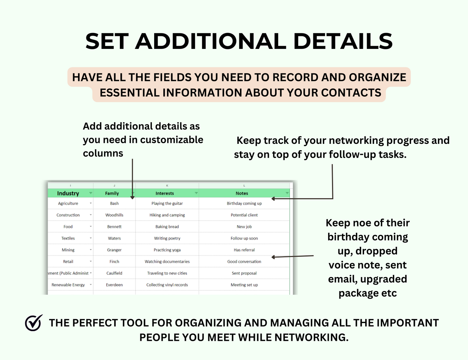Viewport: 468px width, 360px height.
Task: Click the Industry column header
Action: tap(68, 193)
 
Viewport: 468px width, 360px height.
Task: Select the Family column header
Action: tap(112, 193)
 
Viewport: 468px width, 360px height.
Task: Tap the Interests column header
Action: tap(165, 193)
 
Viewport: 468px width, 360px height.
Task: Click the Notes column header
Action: tap(242, 193)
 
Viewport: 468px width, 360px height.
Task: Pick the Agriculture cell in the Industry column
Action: tap(68, 203)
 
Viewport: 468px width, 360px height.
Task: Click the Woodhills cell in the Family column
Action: tap(114, 215)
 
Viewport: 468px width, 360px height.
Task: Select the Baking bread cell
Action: tap(167, 227)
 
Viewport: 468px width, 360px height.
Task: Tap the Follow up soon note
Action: tap(244, 238)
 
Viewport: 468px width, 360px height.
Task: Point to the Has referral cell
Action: tap(244, 250)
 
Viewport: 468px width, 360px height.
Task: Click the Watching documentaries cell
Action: tap(167, 262)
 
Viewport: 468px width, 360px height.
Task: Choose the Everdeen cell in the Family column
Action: tap(114, 285)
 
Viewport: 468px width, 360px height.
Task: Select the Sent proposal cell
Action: tap(244, 273)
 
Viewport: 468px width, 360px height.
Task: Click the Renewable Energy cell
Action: tap(68, 285)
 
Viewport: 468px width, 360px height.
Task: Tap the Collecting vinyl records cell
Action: tap(167, 285)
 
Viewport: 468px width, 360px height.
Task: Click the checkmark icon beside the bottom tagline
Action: tap(34, 323)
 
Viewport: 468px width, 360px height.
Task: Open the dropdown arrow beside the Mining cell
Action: tap(91, 250)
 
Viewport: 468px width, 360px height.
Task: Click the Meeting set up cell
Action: tap(244, 285)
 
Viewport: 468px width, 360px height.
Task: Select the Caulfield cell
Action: tap(114, 273)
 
